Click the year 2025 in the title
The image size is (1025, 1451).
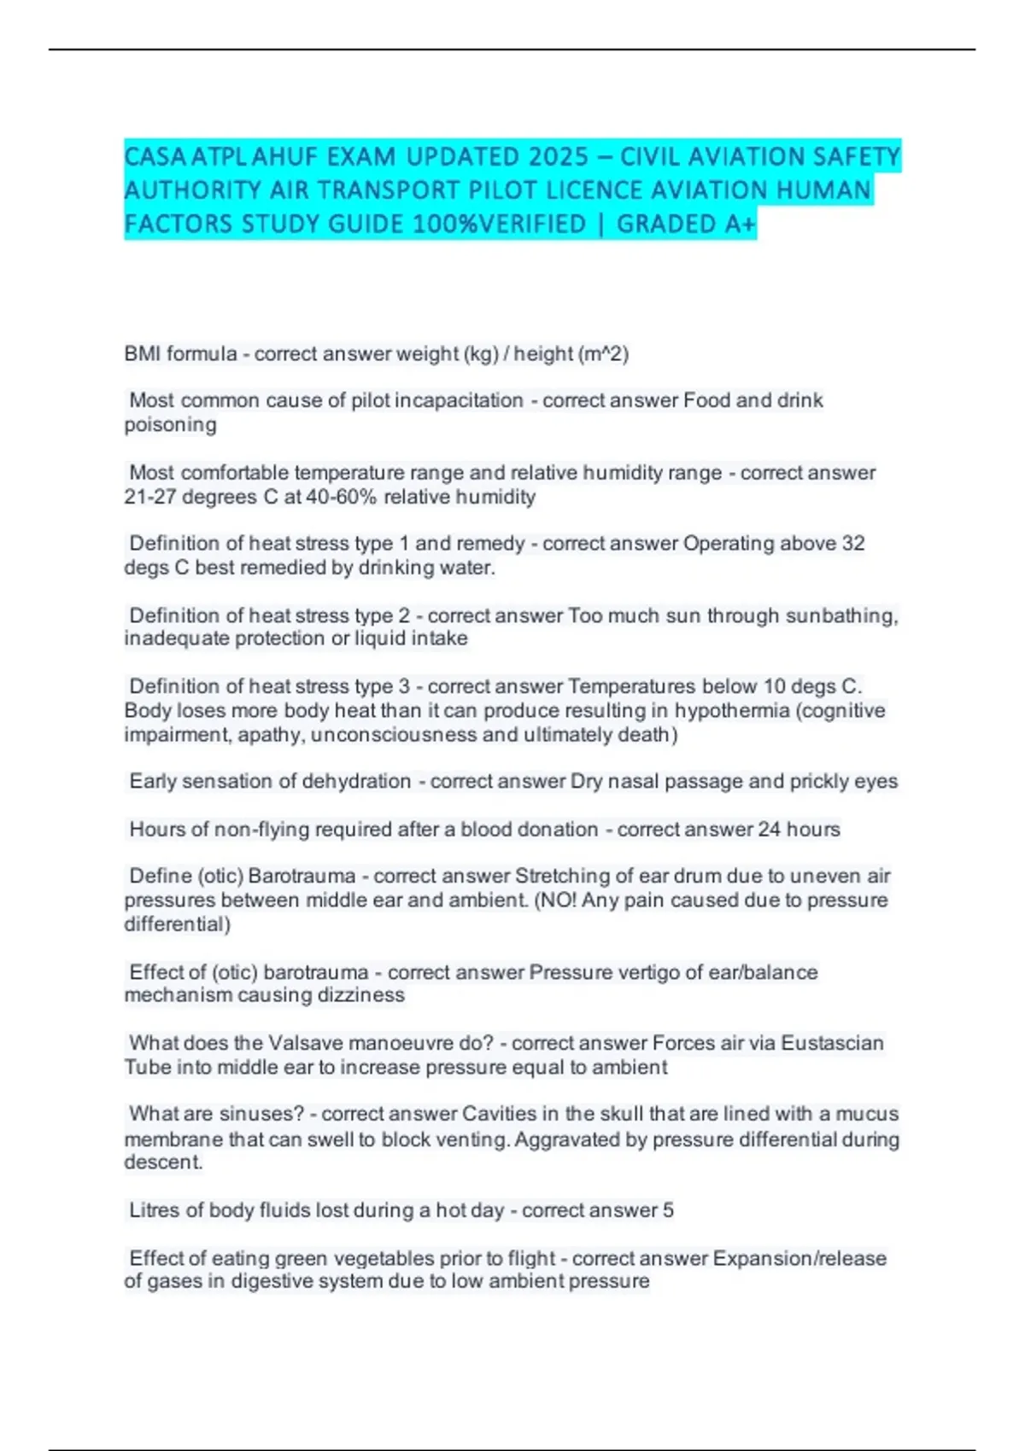point(559,157)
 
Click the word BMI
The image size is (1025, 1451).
point(142,354)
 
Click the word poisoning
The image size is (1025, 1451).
point(170,425)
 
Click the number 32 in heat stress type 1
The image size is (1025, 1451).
point(852,544)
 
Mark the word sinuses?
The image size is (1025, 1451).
point(261,1115)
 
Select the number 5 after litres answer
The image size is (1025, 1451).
point(668,1210)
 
